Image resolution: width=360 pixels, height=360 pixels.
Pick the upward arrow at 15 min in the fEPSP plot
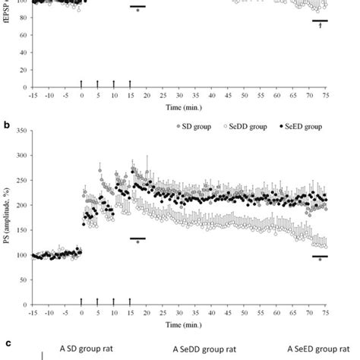[x=130, y=83]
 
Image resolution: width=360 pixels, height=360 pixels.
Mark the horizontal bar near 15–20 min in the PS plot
[x=137, y=238]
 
